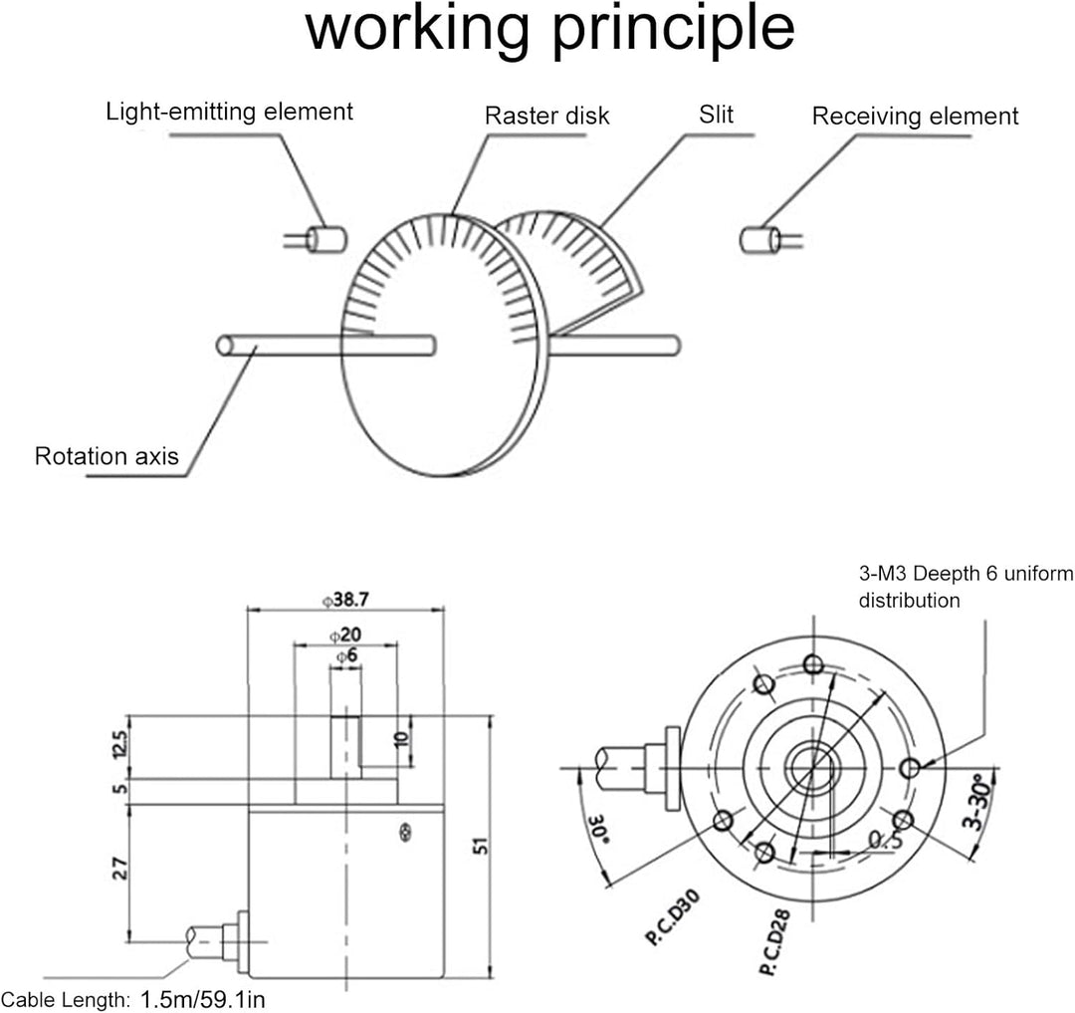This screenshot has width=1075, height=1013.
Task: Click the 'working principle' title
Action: (549, 30)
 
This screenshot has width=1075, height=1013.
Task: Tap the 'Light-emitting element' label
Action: (230, 112)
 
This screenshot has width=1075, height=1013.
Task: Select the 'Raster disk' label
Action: (546, 116)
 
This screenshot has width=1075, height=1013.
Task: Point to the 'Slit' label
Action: (716, 115)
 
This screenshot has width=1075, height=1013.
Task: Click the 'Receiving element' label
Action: (915, 117)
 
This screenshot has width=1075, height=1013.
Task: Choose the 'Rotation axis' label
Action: (107, 457)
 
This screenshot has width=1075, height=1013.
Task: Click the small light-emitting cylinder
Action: (324, 239)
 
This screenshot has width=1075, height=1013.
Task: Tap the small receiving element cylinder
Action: (759, 239)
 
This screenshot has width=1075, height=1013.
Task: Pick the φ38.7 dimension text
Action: (345, 601)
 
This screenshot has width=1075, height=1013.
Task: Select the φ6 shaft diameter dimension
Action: (345, 656)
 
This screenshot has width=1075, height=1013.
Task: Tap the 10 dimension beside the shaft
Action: (401, 741)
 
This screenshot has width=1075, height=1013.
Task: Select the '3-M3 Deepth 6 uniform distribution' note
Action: (966, 587)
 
